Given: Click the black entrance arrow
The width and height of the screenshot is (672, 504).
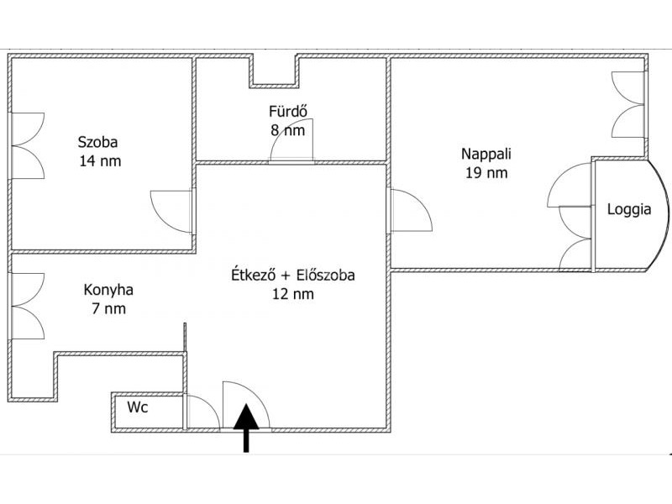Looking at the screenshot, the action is tap(246, 428).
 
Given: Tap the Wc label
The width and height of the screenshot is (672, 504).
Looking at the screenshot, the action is tap(138, 407).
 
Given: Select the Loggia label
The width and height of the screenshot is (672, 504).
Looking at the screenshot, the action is tap(629, 209).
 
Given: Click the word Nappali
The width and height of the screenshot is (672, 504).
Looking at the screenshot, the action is tap(486, 154).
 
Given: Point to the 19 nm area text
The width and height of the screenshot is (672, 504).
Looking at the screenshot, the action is tap(486, 173).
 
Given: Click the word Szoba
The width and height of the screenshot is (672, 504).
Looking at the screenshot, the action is tap(97, 142).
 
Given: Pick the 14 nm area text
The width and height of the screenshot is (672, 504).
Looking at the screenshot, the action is tap(100, 161).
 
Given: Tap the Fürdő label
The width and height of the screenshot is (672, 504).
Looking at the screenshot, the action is tap(288, 112).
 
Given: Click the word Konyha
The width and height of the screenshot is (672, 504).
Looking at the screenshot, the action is tap(108, 290).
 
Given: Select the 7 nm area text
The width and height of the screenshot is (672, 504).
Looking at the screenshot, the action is tap(109, 309).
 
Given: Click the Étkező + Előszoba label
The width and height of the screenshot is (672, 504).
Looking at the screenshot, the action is tap(293, 275).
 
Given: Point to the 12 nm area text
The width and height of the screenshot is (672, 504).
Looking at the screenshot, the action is tap(293, 294).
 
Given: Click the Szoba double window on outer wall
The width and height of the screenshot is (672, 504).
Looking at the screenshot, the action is tap(28, 145).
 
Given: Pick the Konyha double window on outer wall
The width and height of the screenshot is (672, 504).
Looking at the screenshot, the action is tap(28, 306).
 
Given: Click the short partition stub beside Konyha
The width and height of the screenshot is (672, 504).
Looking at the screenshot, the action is tap(185, 338).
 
